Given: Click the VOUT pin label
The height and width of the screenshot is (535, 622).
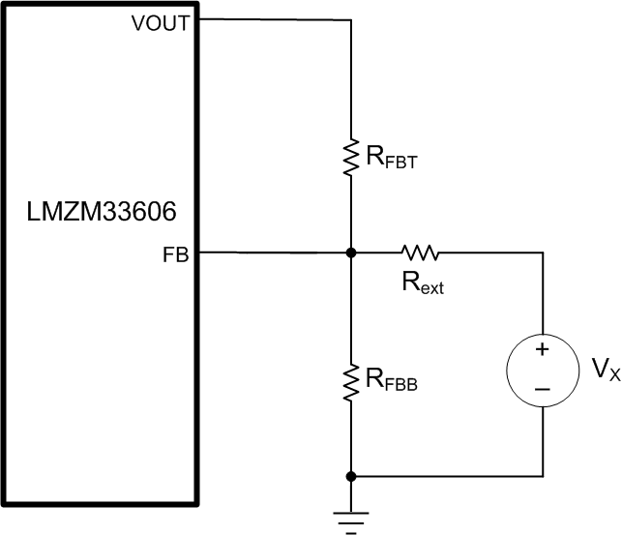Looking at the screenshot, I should (160, 24).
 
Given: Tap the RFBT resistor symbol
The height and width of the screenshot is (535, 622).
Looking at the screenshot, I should (350, 154).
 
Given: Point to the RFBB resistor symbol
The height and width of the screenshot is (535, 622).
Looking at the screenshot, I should (350, 378).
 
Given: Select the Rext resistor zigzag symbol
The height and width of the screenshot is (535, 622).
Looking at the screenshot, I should (420, 253).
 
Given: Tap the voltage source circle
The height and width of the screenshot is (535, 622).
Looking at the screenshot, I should (543, 369).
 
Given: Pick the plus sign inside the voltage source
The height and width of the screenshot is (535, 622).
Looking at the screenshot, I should (543, 349).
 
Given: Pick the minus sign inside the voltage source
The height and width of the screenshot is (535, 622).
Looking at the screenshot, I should (543, 388).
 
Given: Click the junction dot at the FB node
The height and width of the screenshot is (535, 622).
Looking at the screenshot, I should (350, 253).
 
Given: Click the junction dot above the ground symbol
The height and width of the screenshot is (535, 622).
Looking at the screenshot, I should (350, 476).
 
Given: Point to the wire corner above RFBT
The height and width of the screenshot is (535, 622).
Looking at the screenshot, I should (350, 19).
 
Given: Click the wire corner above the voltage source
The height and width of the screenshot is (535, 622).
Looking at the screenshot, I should (543, 253).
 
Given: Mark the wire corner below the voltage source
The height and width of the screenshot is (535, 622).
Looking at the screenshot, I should (543, 476).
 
